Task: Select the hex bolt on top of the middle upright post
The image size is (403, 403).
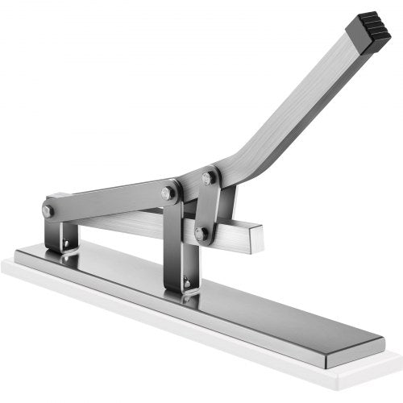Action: tap(169, 193)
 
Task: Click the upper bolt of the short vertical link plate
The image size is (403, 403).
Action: tap(209, 177)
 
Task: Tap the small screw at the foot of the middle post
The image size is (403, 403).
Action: tap(186, 283)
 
